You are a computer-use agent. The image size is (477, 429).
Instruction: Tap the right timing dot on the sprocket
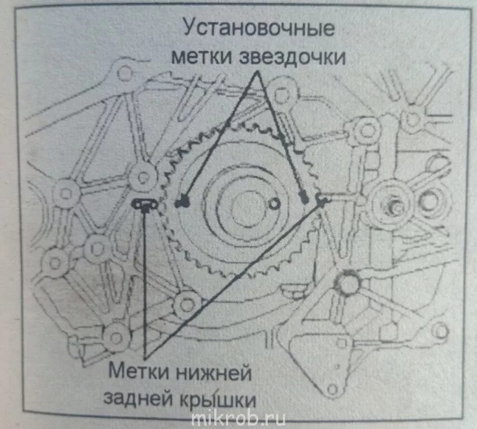303,198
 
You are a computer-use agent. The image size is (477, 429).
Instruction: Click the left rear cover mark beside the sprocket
145,205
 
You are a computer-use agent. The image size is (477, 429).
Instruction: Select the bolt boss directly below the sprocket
185,304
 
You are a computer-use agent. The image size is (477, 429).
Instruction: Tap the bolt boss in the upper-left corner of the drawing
126,73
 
